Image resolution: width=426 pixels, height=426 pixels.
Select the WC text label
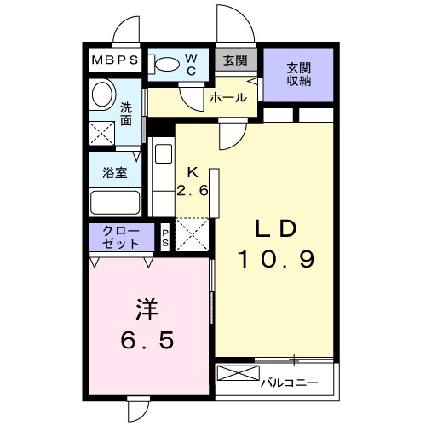pos(191,65)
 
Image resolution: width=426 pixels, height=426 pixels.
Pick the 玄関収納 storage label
pos(298,74)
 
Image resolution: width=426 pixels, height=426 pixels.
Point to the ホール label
pos(229,98)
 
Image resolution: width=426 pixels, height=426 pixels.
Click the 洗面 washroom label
pos(126,114)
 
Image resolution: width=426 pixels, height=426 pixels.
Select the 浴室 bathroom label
pos(115,172)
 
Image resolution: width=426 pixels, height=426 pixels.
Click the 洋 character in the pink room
pos(146,308)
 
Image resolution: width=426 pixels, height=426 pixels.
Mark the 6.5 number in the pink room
pos(146,341)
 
